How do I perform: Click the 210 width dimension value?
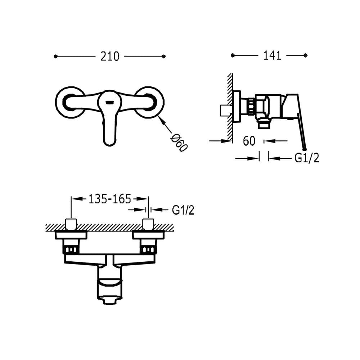click(110, 57)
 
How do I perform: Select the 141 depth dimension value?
click(272, 55)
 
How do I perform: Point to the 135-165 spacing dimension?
click(110, 199)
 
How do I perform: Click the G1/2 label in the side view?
click(307, 158)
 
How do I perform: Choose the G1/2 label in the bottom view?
click(183, 210)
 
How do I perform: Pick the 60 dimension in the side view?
click(249, 141)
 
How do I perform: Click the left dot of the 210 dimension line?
click(55, 56)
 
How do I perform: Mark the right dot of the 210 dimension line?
click(164, 56)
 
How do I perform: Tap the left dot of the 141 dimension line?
click(233, 55)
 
